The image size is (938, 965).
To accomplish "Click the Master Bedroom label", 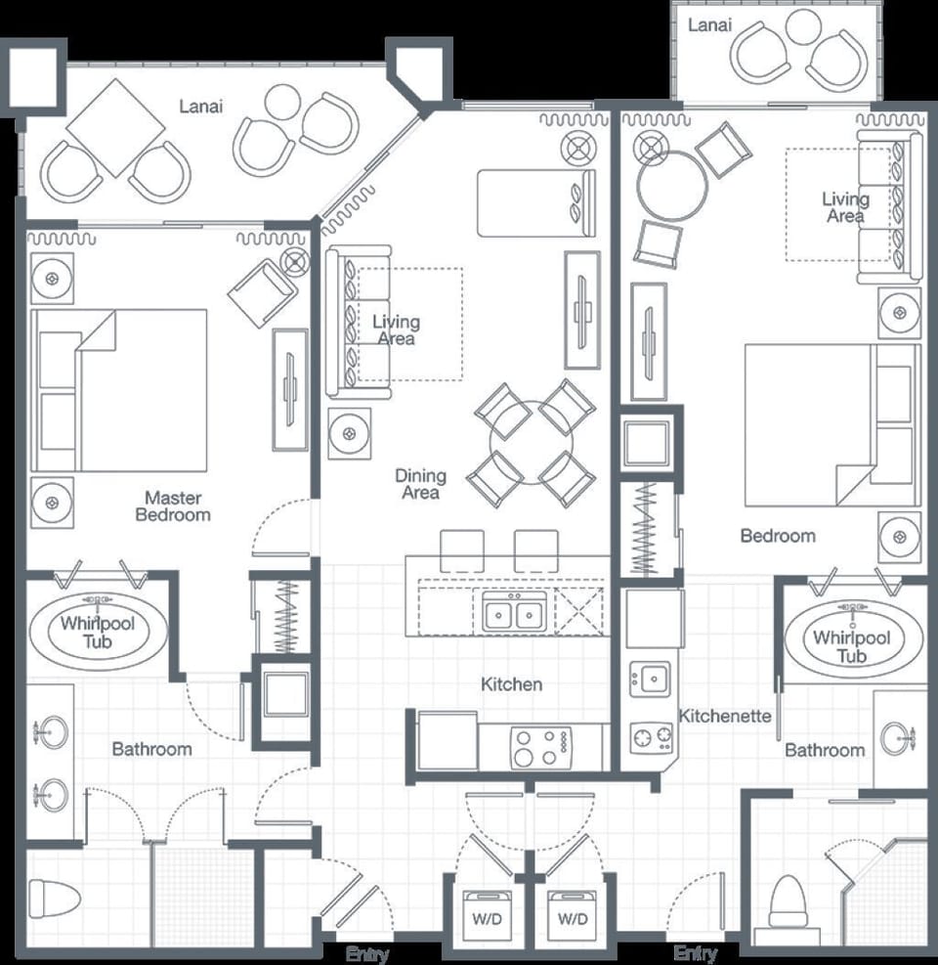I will [x=172, y=505].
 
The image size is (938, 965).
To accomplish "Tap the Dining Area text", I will [x=420, y=484].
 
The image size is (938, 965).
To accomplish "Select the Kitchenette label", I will [x=725, y=716].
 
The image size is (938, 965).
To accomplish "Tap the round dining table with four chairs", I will [x=530, y=443].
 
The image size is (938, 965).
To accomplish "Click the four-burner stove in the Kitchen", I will [x=540, y=748].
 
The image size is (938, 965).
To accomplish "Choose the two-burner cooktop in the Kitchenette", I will [x=652, y=735].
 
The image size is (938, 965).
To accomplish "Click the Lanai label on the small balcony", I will [x=709, y=25].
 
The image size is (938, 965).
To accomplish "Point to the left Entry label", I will [x=366, y=954].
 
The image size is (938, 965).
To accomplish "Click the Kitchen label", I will [x=511, y=684].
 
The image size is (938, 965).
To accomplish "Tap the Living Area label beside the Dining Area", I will [x=396, y=330].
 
